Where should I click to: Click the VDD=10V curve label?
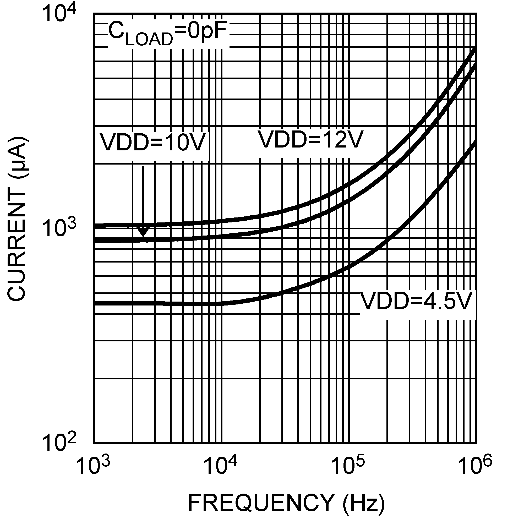click(152, 142)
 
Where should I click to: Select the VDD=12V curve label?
click(310, 139)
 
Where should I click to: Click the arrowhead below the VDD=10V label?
click(143, 232)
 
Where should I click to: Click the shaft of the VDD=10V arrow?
click(143, 195)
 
